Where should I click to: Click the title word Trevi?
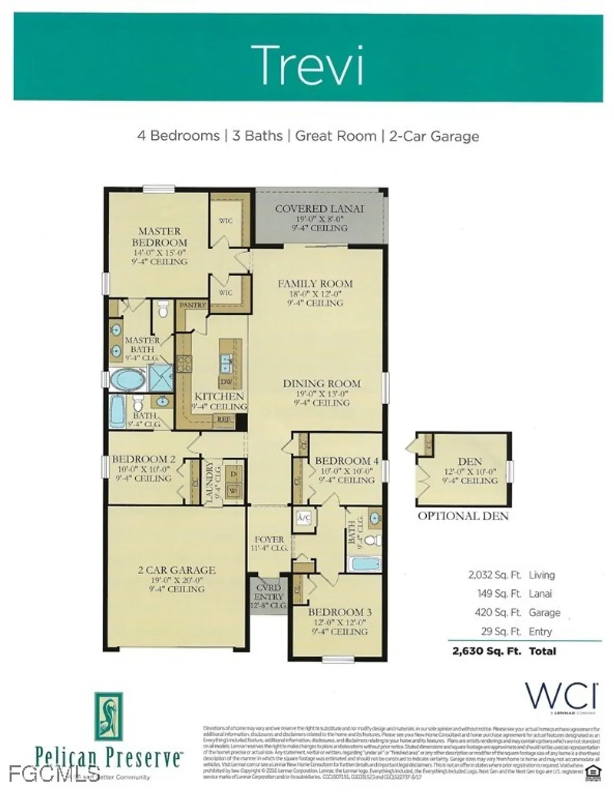pyautogui.click(x=307, y=65)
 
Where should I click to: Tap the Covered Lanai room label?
pyautogui.click(x=319, y=209)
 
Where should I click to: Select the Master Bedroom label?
pyautogui.click(x=159, y=236)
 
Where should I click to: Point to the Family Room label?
pyautogui.click(x=315, y=284)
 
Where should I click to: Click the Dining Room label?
pyautogui.click(x=321, y=384)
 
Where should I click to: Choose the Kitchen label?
pyautogui.click(x=219, y=396)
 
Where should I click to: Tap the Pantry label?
pyautogui.click(x=192, y=305)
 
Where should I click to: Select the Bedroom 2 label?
pyautogui.click(x=143, y=460)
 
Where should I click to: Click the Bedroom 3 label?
pyautogui.click(x=340, y=612)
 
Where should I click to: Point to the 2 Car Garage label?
pyautogui.click(x=177, y=570)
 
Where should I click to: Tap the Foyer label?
pyautogui.click(x=269, y=540)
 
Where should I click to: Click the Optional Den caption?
pyautogui.click(x=463, y=516)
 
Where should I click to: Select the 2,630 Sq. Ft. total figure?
pyautogui.click(x=486, y=651)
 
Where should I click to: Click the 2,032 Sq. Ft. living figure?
pyautogui.click(x=494, y=575)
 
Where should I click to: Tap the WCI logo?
pyautogui.click(x=561, y=695)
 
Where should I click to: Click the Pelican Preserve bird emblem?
pyautogui.click(x=109, y=716)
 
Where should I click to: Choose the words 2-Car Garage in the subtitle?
pyautogui.click(x=434, y=136)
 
